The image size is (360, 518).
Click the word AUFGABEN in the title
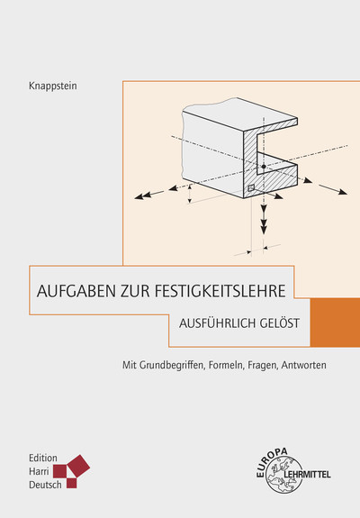point(71,291)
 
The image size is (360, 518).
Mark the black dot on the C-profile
point(262,167)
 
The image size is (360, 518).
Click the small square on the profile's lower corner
point(251,187)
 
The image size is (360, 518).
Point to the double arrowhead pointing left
point(141,194)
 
